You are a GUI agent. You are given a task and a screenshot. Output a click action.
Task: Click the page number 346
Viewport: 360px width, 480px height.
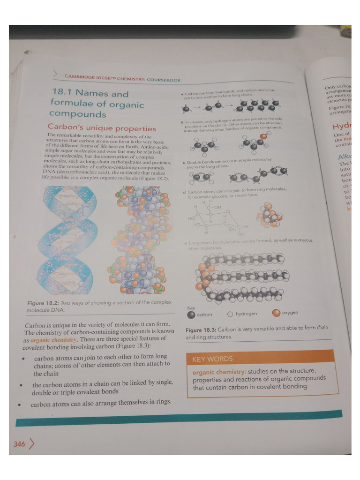(19, 444)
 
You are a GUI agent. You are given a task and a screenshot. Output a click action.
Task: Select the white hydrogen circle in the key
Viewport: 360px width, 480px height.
(230, 314)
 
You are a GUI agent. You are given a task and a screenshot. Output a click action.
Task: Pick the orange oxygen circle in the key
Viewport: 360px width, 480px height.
(276, 313)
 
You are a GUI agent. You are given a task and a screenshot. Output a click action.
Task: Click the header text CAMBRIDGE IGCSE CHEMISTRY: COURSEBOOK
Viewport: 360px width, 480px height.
(122, 78)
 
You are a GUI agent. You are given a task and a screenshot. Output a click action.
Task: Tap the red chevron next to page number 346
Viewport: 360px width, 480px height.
(32, 443)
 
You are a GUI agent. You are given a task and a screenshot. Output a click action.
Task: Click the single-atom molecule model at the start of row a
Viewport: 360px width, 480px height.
(187, 109)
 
